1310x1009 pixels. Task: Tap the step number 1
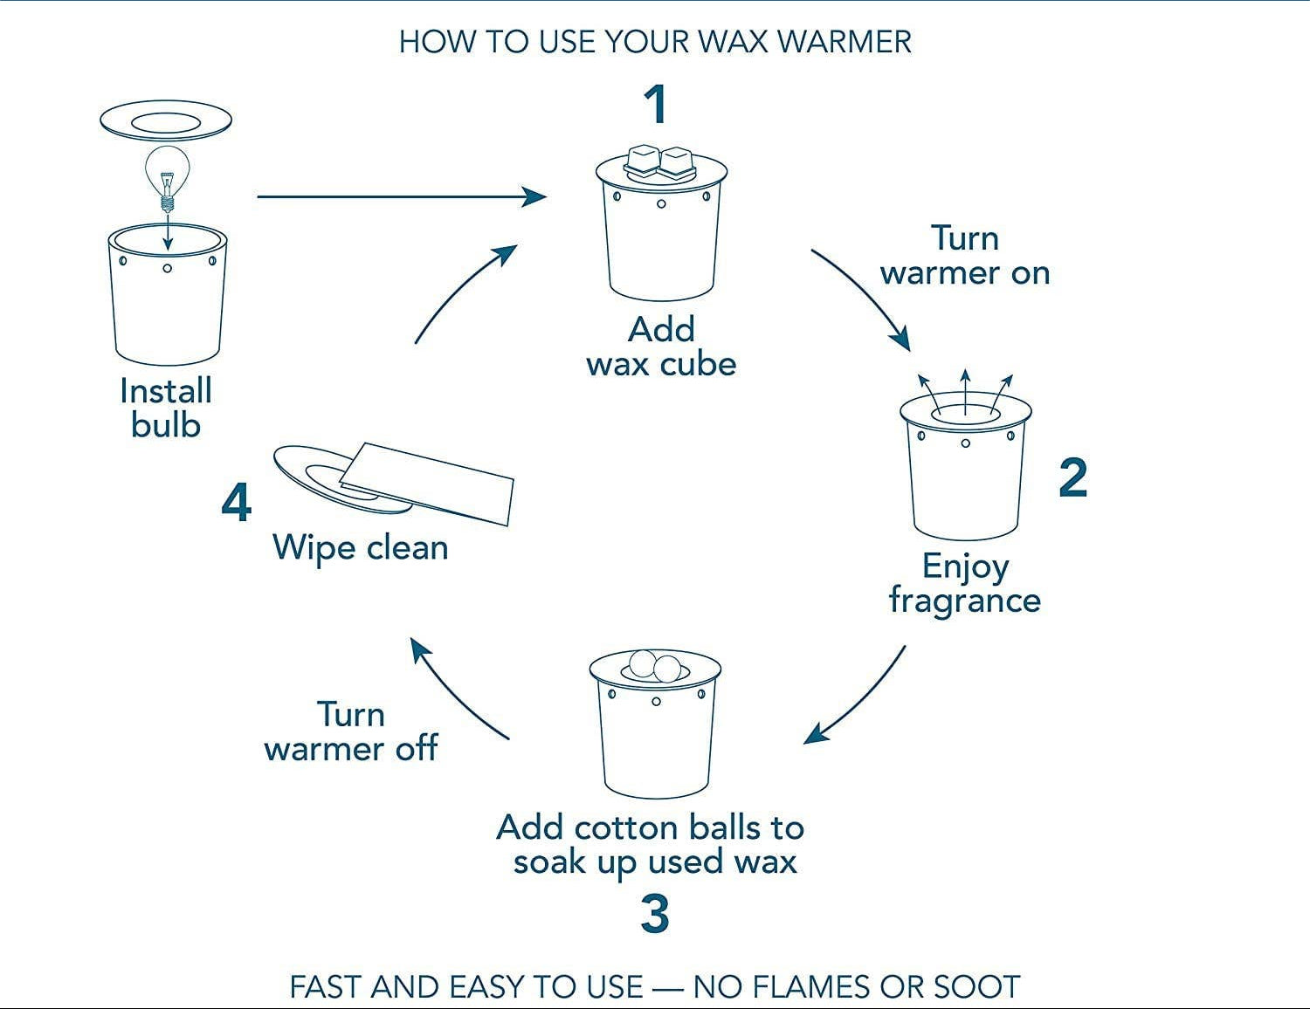pyautogui.click(x=655, y=105)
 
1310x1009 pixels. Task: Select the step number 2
pyautogui.click(x=1072, y=478)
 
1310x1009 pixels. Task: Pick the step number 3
pyautogui.click(x=655, y=915)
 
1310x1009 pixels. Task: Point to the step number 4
pyautogui.click(x=236, y=504)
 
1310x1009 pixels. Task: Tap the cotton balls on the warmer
pyautogui.click(x=655, y=665)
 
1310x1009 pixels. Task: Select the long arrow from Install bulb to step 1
pyautogui.click(x=402, y=196)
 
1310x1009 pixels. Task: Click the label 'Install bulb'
pyautogui.click(x=166, y=408)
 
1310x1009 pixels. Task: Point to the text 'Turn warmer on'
pyautogui.click(x=964, y=256)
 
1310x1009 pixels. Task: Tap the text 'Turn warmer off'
pyautogui.click(x=350, y=731)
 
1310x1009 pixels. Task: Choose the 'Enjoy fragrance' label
pyautogui.click(x=964, y=583)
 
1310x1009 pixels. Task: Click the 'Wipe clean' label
pyautogui.click(x=360, y=548)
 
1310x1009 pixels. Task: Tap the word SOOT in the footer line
pyautogui.click(x=976, y=987)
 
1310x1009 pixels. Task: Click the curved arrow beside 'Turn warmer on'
pyautogui.click(x=865, y=297)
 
